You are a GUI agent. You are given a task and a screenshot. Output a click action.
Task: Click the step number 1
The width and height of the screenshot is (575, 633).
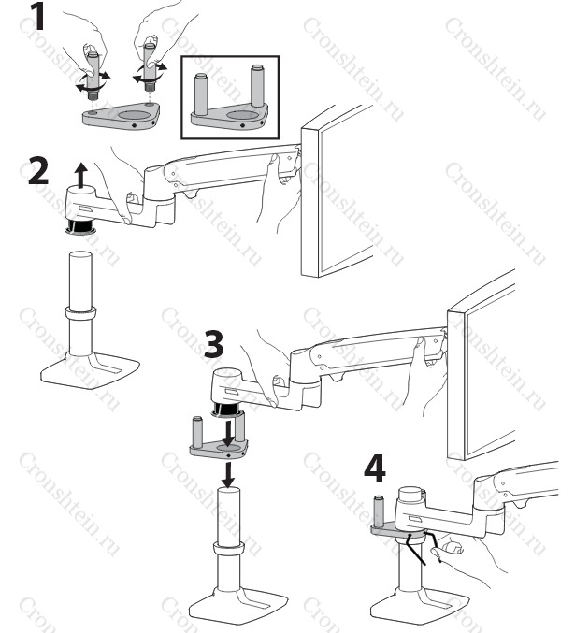(38, 16)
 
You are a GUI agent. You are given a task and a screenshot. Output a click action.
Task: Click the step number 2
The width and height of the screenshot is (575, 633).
(38, 171)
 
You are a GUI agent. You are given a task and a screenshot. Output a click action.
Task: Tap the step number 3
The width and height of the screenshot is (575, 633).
(214, 343)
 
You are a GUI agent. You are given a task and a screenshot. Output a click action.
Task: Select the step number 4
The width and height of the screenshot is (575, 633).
(375, 468)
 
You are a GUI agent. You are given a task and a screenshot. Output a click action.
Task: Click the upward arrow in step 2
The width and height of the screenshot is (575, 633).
(82, 175)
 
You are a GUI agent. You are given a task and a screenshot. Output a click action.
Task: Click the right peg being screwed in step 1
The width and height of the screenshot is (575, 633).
(151, 67)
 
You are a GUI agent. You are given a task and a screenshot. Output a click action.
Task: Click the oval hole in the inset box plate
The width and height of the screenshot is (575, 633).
(241, 115)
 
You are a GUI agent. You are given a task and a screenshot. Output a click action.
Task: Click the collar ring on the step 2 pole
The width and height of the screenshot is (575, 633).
(80, 313)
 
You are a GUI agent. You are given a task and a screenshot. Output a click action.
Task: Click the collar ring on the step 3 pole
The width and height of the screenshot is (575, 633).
(228, 549)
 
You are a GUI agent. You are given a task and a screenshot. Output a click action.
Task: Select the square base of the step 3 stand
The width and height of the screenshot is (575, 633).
(238, 606)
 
